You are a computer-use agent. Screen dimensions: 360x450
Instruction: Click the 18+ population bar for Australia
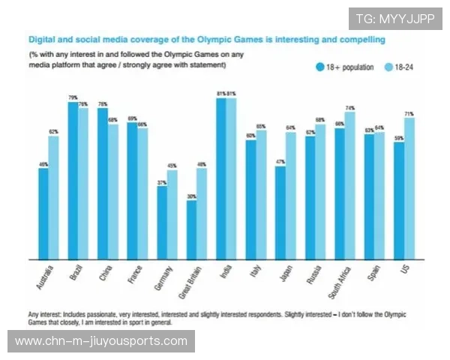[43, 213]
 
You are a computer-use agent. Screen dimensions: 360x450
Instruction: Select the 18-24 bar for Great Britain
[201, 213]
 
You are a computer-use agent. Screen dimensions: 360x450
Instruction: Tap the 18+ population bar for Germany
[161, 222]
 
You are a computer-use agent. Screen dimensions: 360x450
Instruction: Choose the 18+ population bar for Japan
[280, 212]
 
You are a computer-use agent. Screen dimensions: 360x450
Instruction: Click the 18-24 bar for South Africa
[349, 184]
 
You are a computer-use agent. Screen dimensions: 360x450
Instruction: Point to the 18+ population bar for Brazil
[73, 180]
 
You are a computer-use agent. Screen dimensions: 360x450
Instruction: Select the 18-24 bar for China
[112, 191]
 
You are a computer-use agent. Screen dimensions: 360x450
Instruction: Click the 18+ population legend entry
[344, 67]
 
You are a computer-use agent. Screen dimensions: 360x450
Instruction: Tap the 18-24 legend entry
[398, 67]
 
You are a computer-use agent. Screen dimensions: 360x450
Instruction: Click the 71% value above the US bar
[409, 113]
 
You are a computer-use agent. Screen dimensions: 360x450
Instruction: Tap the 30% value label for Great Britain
[191, 196]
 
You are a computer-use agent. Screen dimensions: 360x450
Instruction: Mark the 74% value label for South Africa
[349, 108]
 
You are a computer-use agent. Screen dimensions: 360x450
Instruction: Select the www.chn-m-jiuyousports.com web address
[101, 341]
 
